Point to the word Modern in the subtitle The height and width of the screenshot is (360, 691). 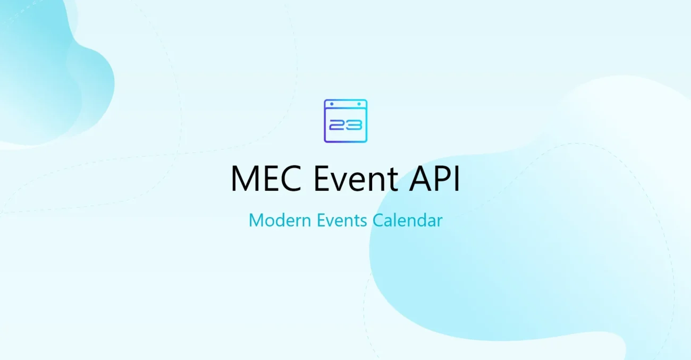pyautogui.click(x=280, y=220)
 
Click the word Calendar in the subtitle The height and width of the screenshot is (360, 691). pyautogui.click(x=407, y=220)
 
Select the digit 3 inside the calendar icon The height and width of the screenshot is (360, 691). pyautogui.click(x=355, y=125)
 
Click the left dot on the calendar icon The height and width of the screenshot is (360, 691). pyautogui.click(x=333, y=103)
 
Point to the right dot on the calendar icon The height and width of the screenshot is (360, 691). pyautogui.click(x=358, y=103)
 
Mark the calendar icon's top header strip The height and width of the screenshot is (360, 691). pyautogui.click(x=345, y=104)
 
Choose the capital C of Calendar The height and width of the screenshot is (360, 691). pyautogui.click(x=378, y=220)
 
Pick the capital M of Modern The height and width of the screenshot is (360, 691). pyautogui.click(x=256, y=220)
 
